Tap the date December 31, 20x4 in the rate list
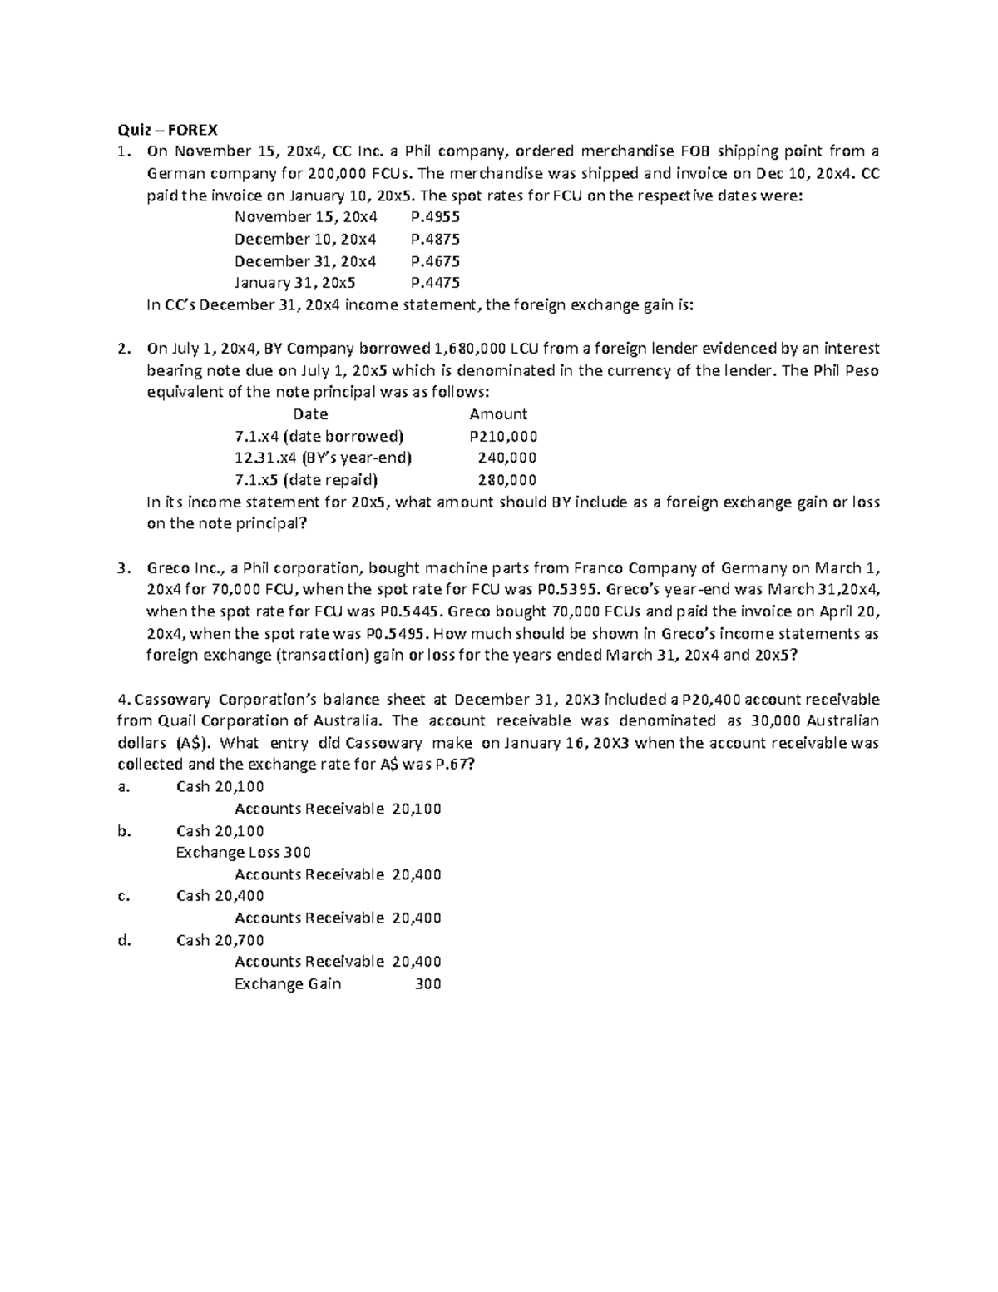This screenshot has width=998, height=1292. (x=305, y=261)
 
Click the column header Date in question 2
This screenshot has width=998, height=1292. (x=310, y=414)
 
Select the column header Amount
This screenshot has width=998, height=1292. (x=498, y=414)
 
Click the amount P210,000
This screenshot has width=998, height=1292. (x=503, y=436)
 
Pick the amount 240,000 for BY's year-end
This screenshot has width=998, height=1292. (x=506, y=458)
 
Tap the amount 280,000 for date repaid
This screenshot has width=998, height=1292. (x=506, y=480)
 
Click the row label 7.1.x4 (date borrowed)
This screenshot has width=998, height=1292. (x=319, y=436)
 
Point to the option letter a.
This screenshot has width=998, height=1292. (x=124, y=787)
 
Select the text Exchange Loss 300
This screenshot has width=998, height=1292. (x=244, y=852)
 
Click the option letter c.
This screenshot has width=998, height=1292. (x=124, y=896)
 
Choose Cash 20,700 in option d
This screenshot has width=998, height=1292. (x=220, y=940)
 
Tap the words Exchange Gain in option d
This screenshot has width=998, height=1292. (x=288, y=984)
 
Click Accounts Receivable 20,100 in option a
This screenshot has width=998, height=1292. (x=338, y=809)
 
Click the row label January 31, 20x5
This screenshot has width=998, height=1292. (x=294, y=283)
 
